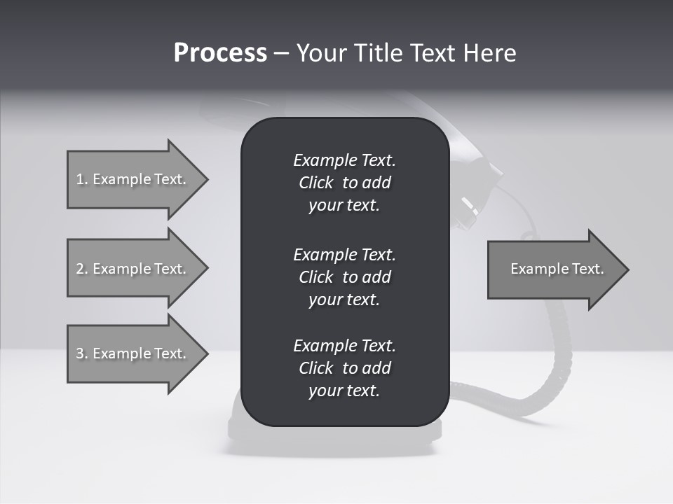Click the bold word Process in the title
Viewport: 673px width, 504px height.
click(220, 53)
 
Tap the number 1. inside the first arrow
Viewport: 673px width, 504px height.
click(81, 179)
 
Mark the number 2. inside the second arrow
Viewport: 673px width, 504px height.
click(81, 269)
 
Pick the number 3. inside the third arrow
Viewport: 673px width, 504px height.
click(81, 353)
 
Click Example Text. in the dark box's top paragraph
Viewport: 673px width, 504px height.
click(344, 160)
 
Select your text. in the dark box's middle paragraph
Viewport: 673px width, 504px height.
click(344, 300)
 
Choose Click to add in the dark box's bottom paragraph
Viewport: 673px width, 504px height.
click(344, 368)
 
